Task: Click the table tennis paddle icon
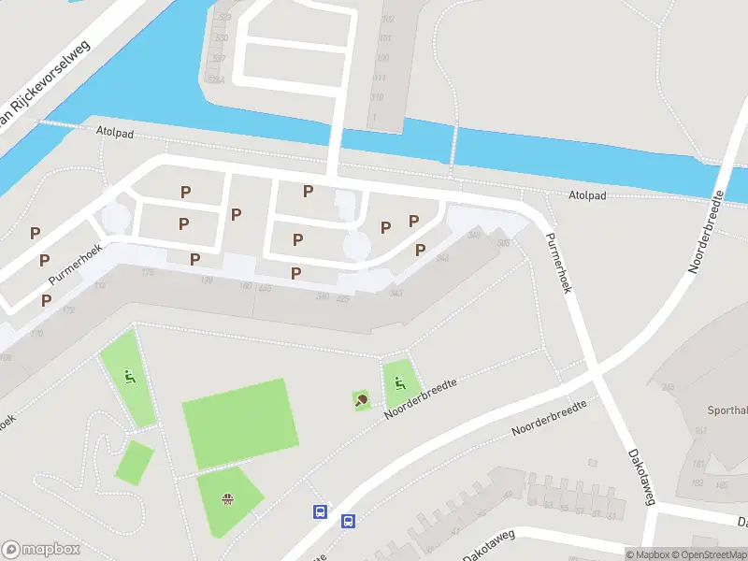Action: point(361,400)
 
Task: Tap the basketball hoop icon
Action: point(225,498)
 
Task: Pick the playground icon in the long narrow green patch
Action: point(129,378)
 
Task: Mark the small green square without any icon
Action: point(135,462)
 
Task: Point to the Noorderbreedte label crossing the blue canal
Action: point(708,230)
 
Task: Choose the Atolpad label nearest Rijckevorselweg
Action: point(115,134)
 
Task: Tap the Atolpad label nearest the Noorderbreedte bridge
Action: point(588,195)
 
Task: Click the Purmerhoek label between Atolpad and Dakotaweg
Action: point(558,263)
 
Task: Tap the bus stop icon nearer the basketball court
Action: point(320,511)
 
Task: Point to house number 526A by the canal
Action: point(218,80)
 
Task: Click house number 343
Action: point(396,294)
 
